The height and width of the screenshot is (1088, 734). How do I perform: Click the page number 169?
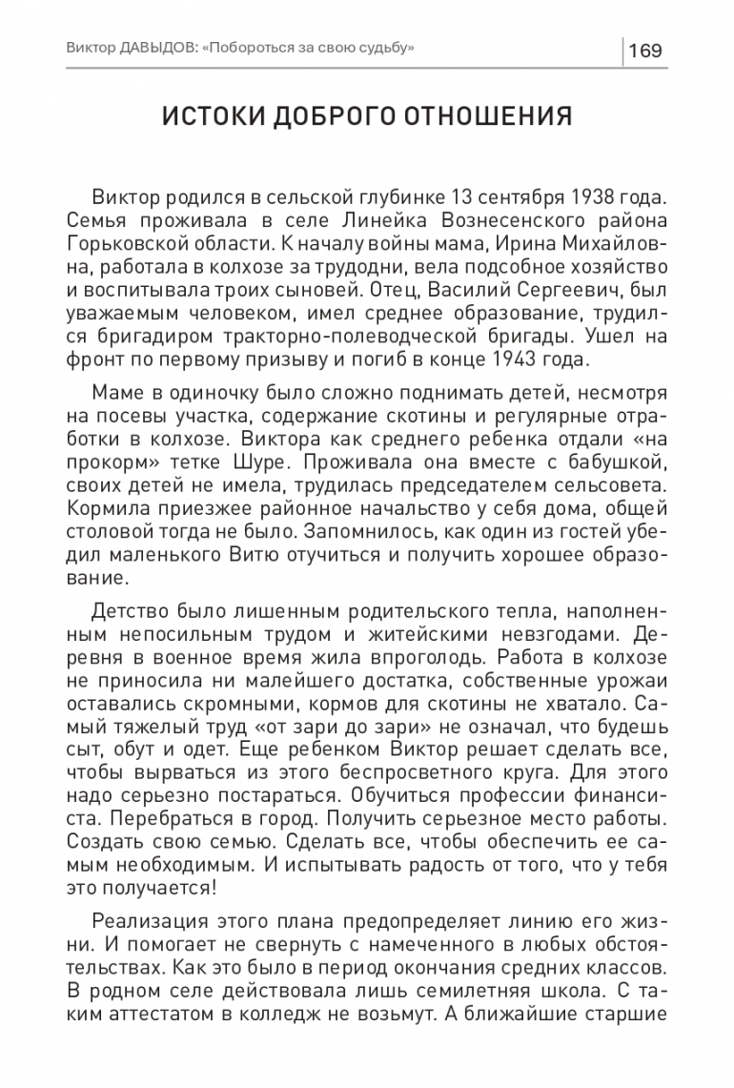(x=645, y=50)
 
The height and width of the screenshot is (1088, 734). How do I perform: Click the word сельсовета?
(x=613, y=486)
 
